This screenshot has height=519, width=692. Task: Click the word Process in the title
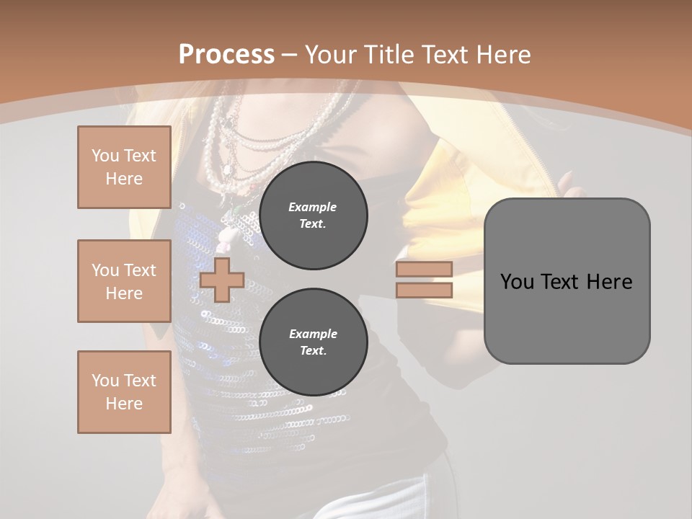pos(226,55)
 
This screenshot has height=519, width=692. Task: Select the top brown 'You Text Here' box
pos(124,167)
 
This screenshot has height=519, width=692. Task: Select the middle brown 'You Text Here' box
pos(124,281)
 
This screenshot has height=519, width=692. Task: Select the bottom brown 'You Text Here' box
pos(124,392)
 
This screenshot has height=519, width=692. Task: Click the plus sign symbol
pos(222,280)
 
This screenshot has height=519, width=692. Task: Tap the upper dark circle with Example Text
pos(314,216)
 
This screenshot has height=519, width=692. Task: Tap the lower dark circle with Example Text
pos(314,342)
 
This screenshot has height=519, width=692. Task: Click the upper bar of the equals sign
pos(424,269)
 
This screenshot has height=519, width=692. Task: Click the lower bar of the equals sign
pos(424,290)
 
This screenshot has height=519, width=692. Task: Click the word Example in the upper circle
pos(313,207)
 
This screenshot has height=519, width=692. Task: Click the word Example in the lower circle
pos(313,334)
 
